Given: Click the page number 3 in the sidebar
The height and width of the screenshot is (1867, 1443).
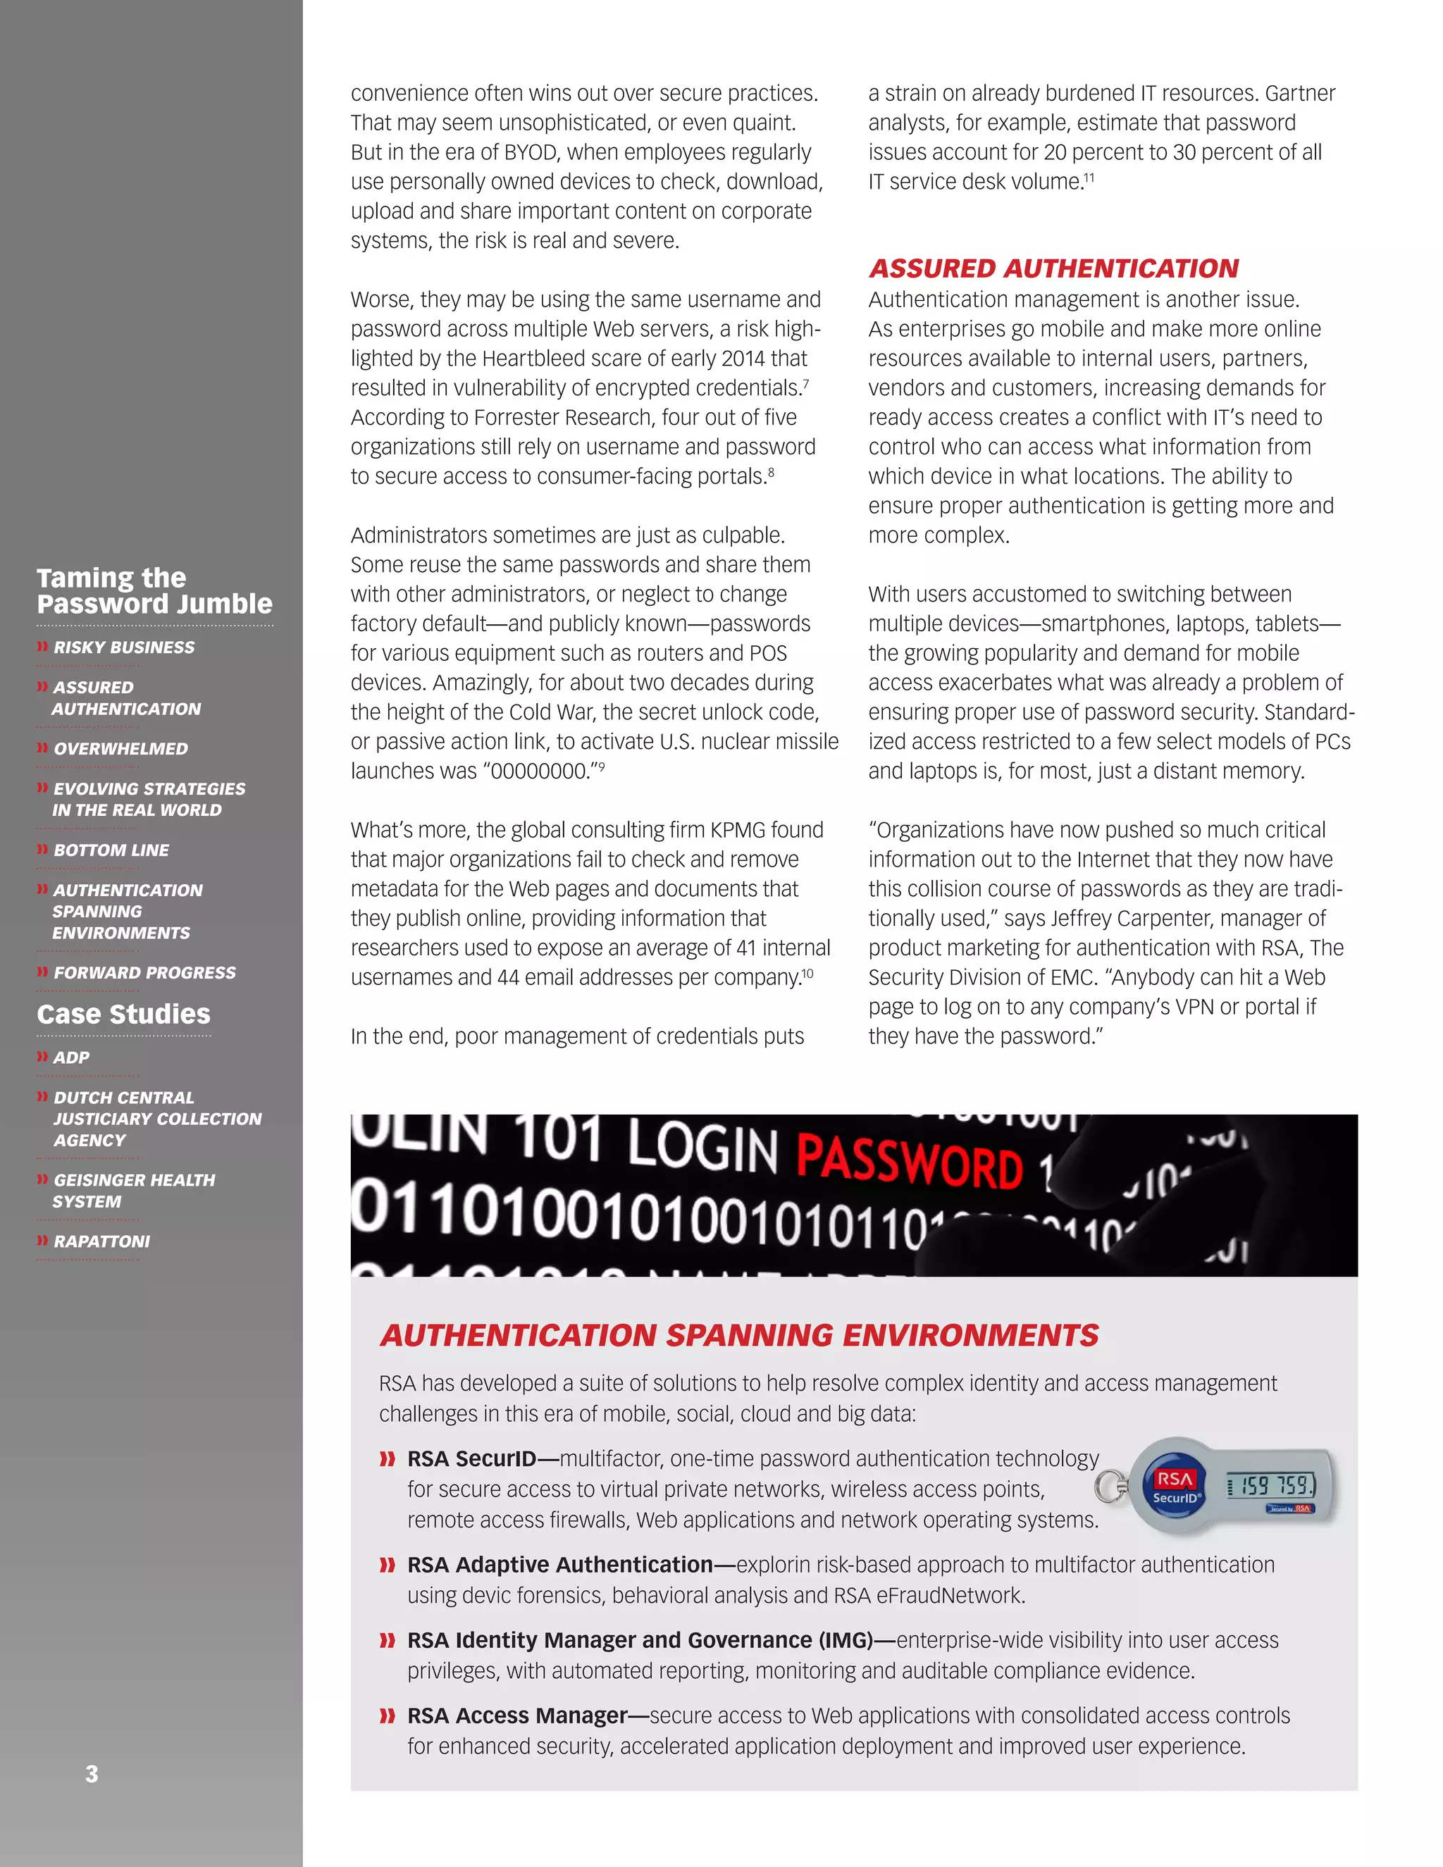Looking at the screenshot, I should point(92,1774).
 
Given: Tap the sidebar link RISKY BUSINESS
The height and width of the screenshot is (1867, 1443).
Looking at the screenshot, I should point(124,647).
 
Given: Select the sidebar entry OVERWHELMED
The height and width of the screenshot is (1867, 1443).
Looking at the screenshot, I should point(120,749).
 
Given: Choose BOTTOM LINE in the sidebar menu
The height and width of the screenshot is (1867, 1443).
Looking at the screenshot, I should point(111,850).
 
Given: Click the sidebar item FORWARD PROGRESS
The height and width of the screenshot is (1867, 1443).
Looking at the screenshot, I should point(144,973).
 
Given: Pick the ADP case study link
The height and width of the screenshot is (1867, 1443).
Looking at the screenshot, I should point(71,1057).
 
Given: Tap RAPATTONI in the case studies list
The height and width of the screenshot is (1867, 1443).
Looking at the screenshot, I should point(101,1241).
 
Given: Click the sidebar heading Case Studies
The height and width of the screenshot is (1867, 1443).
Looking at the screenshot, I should point(123,1014).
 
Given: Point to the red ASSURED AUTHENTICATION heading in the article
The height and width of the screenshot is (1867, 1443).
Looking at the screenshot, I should point(1053,268).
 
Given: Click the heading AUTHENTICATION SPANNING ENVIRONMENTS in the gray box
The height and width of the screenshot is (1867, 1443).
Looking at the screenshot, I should point(739,1335).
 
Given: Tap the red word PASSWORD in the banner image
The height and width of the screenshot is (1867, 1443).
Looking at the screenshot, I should point(909,1162).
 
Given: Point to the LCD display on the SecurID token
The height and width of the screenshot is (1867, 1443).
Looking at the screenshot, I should point(1271,1486).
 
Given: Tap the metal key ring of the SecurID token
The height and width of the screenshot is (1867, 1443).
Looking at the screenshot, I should point(1110,1486).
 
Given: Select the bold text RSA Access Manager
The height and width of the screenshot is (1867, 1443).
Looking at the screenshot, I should point(517,1716).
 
